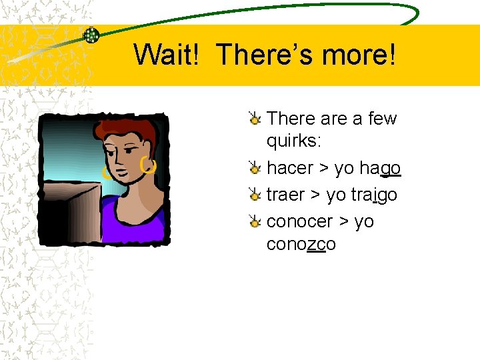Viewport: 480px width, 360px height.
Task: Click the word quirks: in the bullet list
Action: click(x=291, y=141)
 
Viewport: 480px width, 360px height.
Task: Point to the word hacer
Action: click(x=289, y=168)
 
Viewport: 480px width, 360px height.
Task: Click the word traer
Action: click(x=285, y=195)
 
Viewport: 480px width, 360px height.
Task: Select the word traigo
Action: click(x=373, y=195)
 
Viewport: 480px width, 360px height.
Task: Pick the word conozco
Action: click(x=301, y=245)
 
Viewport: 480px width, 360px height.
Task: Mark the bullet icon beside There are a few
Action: click(x=254, y=119)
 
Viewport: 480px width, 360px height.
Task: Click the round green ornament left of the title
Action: click(x=91, y=35)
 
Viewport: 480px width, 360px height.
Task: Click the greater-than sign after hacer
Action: click(x=323, y=169)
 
